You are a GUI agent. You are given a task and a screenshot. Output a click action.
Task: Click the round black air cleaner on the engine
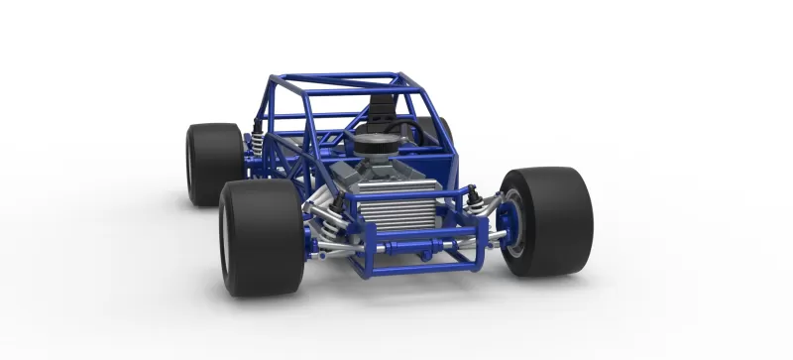click(374, 147)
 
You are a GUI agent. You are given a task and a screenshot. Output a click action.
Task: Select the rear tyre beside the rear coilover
click(213, 164)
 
